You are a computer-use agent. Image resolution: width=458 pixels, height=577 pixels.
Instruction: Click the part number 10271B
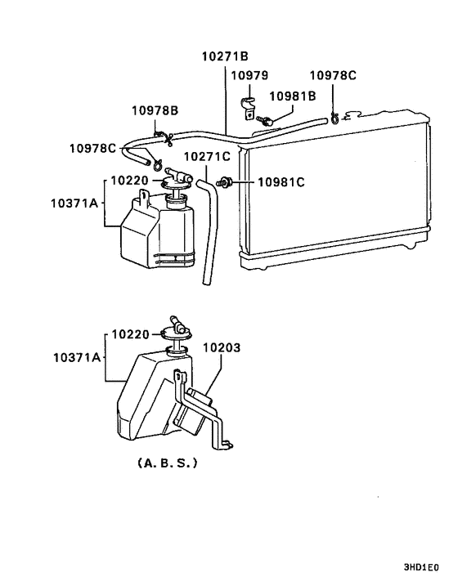point(225,56)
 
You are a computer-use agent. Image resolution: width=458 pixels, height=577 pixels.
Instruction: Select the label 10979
point(249,75)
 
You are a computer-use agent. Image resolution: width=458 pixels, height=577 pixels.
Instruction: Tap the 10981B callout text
point(293,96)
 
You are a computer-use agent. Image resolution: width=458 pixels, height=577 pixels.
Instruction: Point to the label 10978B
point(155,110)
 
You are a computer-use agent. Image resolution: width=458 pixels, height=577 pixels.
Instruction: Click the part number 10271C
point(207,156)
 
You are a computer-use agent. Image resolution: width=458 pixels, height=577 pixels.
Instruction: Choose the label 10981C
point(281,182)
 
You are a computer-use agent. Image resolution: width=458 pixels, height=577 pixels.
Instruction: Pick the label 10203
point(222,347)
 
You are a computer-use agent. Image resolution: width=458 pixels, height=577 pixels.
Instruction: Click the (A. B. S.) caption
point(168,463)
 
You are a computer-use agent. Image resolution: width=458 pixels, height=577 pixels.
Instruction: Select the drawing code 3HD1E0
point(421,566)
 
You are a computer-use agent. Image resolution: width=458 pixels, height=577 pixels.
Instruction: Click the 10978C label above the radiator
point(333,75)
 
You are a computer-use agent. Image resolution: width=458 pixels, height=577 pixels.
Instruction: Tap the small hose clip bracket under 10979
point(249,109)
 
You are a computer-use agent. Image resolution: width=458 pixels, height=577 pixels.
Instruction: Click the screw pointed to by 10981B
point(265,120)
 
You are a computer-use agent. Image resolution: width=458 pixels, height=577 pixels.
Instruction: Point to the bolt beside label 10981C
point(224,181)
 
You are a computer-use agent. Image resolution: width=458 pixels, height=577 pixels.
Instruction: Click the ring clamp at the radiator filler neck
point(335,119)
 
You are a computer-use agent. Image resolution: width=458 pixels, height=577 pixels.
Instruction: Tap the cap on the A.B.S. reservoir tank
point(177,330)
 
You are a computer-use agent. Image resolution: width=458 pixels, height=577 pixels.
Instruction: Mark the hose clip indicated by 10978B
point(164,137)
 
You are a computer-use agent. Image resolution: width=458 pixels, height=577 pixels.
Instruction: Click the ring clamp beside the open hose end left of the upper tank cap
point(159,164)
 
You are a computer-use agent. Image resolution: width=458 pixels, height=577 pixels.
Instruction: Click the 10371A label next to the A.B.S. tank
point(77,357)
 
